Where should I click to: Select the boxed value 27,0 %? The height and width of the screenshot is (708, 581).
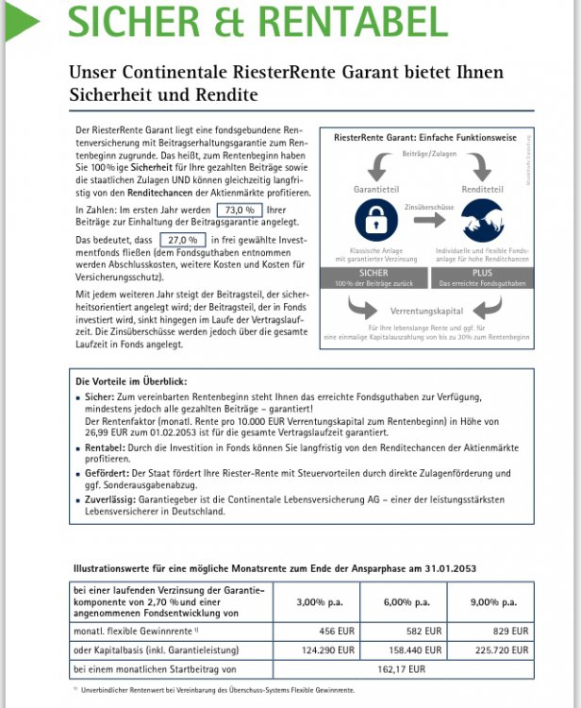click(x=183, y=240)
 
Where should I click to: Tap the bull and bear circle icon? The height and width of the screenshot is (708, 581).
click(x=482, y=221)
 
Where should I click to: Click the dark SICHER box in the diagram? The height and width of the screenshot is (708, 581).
click(x=374, y=277)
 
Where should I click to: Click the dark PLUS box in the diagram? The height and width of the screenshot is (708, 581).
click(x=482, y=277)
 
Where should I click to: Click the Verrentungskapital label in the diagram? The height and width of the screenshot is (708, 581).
click(x=429, y=310)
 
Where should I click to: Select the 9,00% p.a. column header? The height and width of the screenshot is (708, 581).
click(x=496, y=601)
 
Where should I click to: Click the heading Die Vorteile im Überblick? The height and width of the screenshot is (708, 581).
click(x=132, y=380)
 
